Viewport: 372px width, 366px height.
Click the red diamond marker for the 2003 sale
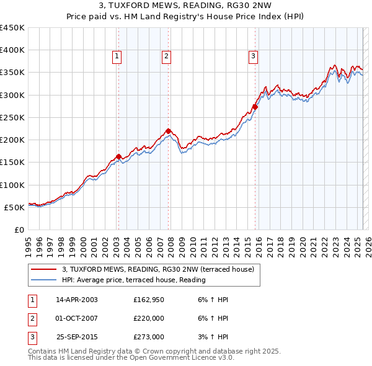click(118, 156)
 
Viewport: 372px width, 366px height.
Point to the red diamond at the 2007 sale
click(168, 131)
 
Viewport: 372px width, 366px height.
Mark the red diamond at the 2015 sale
click(255, 107)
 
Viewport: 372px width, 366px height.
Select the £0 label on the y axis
click(19, 230)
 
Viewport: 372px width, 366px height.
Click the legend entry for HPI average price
click(133, 280)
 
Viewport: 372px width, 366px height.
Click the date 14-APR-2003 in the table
click(77, 299)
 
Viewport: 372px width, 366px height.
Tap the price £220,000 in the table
click(149, 318)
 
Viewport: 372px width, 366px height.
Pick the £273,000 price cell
click(149, 337)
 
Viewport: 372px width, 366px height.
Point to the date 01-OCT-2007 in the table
click(77, 318)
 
